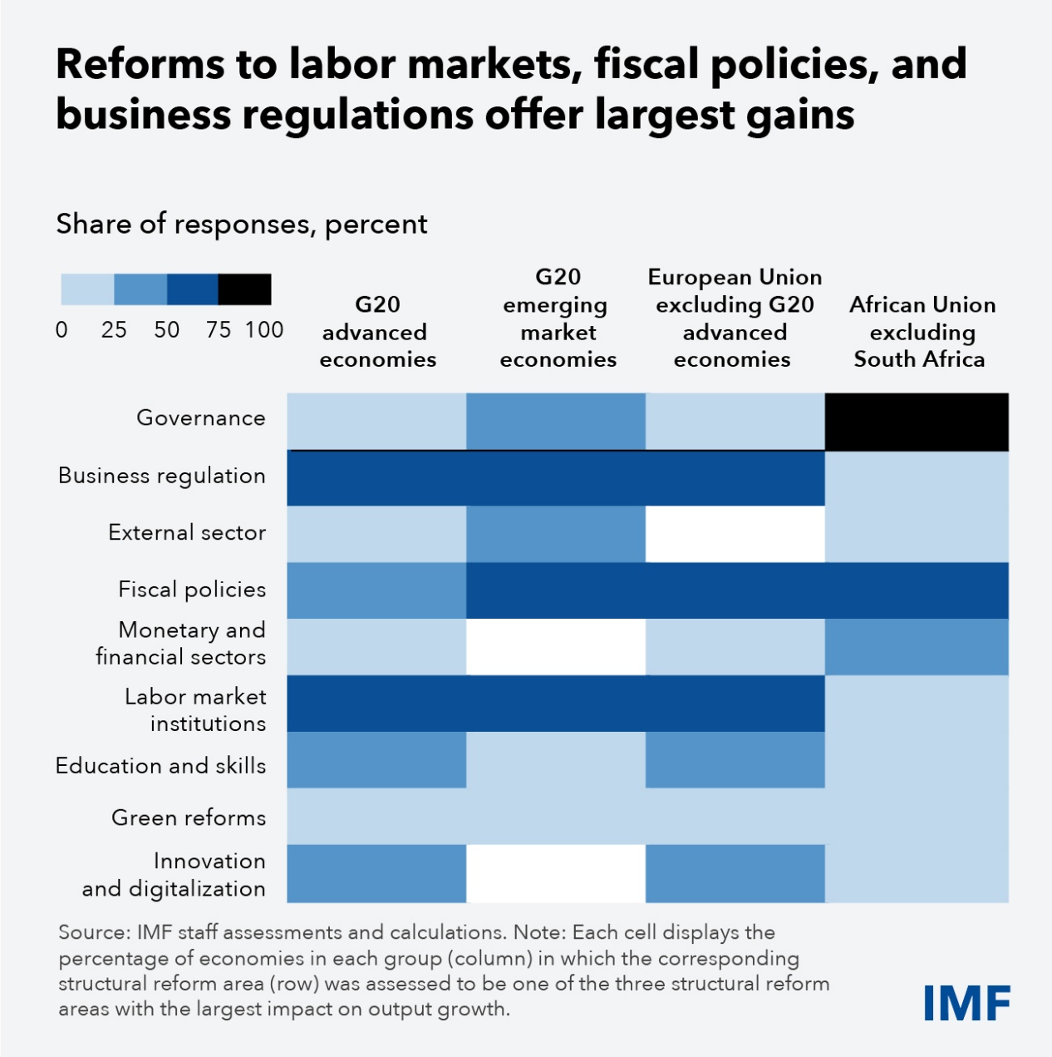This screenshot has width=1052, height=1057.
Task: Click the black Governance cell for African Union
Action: [x=917, y=422]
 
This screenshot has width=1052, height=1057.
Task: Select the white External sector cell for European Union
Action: [x=735, y=533]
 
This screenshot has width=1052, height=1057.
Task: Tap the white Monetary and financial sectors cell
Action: [x=555, y=646]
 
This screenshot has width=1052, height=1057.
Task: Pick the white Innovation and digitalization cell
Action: [x=555, y=873]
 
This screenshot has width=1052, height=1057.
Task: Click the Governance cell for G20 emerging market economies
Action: [x=555, y=422]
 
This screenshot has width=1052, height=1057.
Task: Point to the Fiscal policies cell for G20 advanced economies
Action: [x=376, y=590]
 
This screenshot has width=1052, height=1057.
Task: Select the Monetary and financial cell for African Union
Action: [x=917, y=646]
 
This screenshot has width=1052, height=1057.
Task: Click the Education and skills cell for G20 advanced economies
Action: [x=376, y=759]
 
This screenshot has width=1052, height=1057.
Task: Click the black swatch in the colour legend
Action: [x=244, y=289]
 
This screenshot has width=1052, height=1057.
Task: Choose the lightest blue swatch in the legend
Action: [x=87, y=289]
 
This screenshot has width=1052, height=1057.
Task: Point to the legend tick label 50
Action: [x=166, y=330]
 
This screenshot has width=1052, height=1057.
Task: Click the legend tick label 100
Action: [x=264, y=330]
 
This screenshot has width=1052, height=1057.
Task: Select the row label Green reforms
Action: [x=189, y=817]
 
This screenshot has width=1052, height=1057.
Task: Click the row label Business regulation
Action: [x=162, y=476]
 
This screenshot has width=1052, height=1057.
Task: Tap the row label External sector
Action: [x=187, y=532]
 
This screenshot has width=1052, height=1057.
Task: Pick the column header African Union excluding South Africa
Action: [x=922, y=332]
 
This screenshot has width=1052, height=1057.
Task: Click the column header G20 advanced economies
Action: [x=377, y=332]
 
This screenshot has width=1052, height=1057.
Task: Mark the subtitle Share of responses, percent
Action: [x=241, y=224]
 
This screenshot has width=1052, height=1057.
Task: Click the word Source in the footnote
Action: [x=91, y=932]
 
